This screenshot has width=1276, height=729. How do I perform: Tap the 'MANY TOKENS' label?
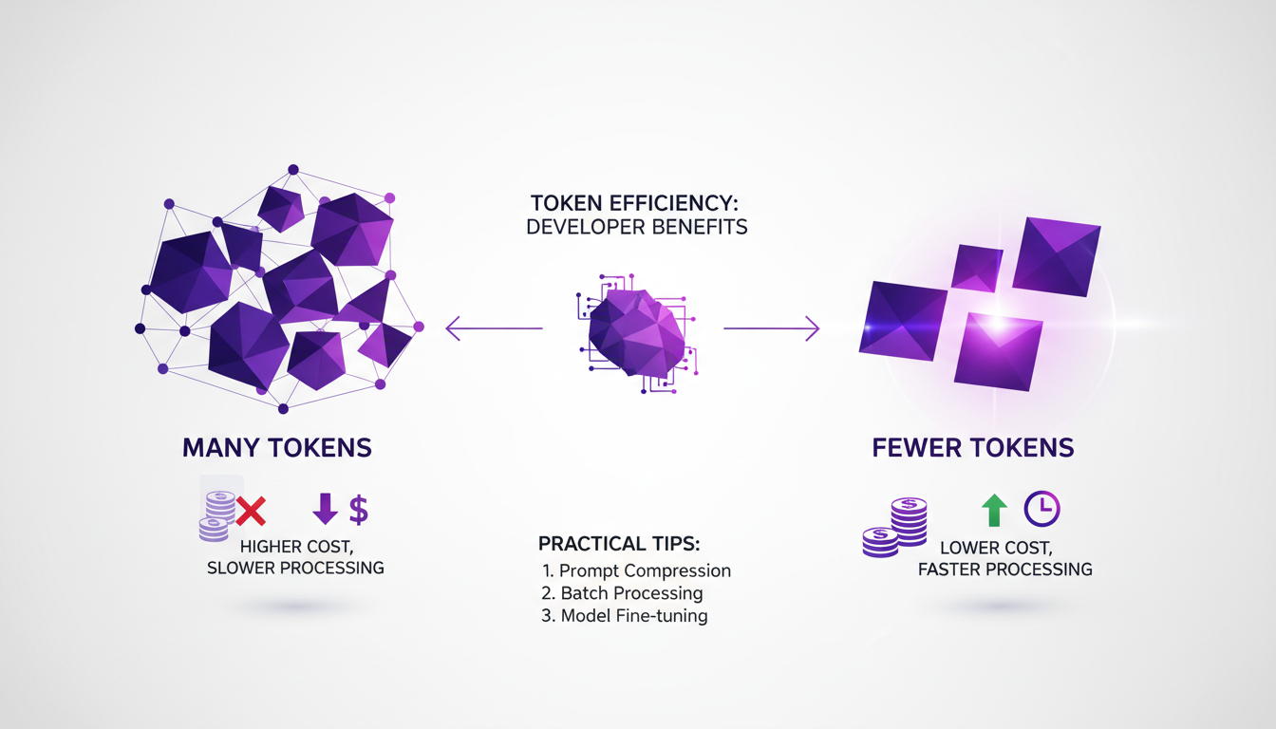pos(277,448)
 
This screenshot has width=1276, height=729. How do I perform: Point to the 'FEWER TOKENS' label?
pos(973,448)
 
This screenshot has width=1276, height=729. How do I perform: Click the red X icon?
pos(251,512)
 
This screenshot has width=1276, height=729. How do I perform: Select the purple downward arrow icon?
pos(325,510)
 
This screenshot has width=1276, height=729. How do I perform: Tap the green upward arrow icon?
pos(993,510)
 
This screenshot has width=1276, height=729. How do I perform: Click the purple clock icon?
pos(1041,510)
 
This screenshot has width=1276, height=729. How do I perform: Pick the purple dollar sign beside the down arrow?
pos(358,510)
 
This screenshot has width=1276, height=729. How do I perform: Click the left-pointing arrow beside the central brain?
pos(493,329)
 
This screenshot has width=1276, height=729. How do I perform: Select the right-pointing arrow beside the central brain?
pos(771,329)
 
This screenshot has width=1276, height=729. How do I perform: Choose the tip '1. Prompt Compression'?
pos(636,570)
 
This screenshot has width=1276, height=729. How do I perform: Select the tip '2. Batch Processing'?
pos(623,593)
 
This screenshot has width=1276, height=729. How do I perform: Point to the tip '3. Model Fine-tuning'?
pos(626,616)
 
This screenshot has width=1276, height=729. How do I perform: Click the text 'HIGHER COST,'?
pos(294,547)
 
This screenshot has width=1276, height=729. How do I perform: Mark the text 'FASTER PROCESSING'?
pos(1004,570)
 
